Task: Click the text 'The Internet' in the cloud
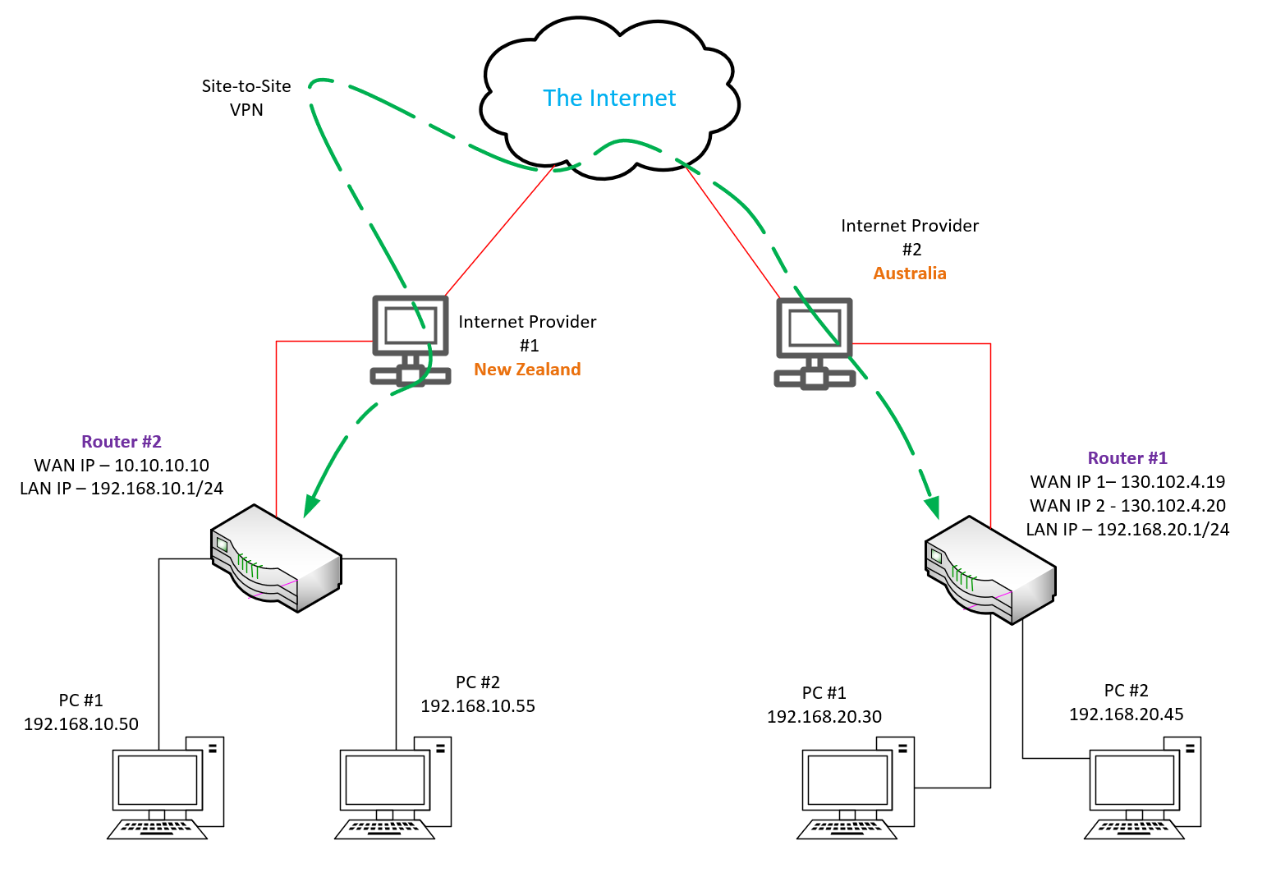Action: (x=609, y=99)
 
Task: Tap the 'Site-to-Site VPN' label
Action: (x=246, y=98)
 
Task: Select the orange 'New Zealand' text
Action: (x=527, y=370)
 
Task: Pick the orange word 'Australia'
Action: (x=910, y=273)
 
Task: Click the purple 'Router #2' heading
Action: (x=122, y=442)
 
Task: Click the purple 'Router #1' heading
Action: (x=1127, y=458)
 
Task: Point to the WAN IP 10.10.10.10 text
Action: (x=122, y=466)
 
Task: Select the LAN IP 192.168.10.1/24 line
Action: (x=122, y=489)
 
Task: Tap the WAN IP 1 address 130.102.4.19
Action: (x=1127, y=482)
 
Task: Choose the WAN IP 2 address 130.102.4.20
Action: (x=1127, y=506)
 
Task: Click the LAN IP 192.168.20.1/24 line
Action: (x=1127, y=530)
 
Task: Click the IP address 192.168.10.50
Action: (x=81, y=724)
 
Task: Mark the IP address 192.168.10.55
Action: (x=478, y=706)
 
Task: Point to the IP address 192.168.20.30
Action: (x=824, y=717)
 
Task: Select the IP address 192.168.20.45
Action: (x=1127, y=714)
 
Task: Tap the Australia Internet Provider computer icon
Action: (x=815, y=342)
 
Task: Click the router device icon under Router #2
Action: (x=276, y=558)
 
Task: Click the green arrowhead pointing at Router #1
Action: (x=932, y=508)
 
